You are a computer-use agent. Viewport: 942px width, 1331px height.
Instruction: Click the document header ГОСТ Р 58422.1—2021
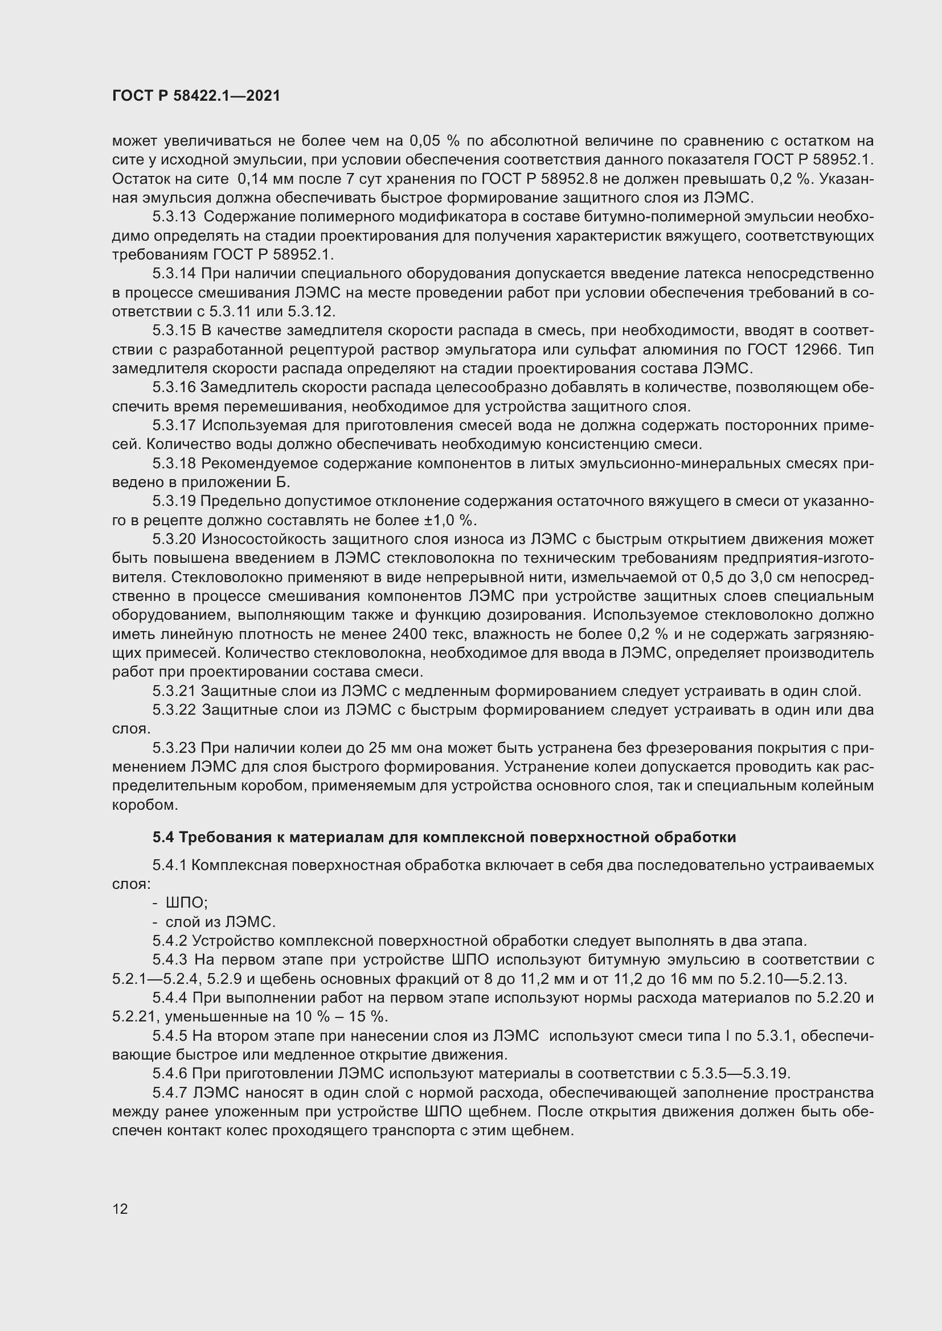click(x=196, y=96)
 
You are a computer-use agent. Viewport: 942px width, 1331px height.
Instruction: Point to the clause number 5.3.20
click(x=175, y=539)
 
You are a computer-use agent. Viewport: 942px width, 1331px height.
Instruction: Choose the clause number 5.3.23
click(x=175, y=748)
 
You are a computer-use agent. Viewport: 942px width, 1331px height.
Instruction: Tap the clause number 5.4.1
click(x=169, y=866)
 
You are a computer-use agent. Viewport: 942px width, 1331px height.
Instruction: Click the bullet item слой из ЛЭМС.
click(x=220, y=922)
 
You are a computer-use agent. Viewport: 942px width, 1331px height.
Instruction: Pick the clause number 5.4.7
click(x=169, y=1093)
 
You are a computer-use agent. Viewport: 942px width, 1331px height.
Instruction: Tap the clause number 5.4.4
click(x=169, y=998)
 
